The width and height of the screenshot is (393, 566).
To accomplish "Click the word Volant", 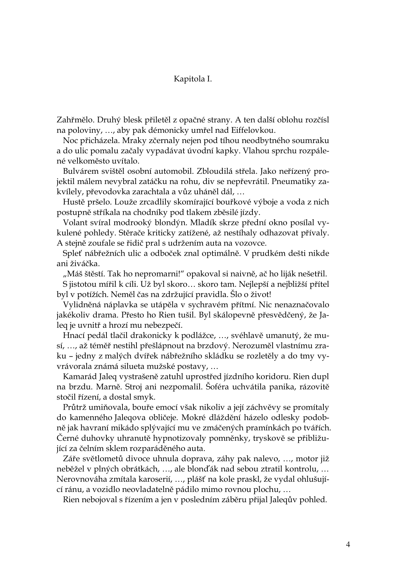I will coord(73,223).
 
